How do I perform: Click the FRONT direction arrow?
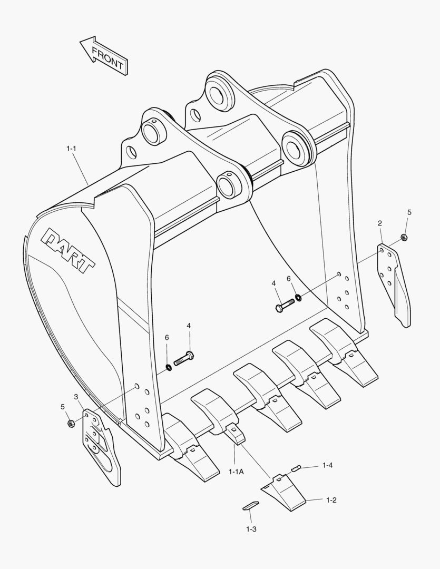point(103,55)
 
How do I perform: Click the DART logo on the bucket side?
point(69,250)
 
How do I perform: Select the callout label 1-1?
point(72,149)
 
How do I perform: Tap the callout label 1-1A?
point(236,472)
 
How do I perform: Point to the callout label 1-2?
point(331,500)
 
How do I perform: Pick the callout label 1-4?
point(327,465)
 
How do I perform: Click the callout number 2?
point(380,223)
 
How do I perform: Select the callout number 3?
point(76,396)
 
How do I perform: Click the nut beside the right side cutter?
point(404,238)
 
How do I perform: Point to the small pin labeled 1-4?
point(296,467)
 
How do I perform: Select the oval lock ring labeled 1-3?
point(250,505)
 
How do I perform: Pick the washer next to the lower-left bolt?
point(169,367)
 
